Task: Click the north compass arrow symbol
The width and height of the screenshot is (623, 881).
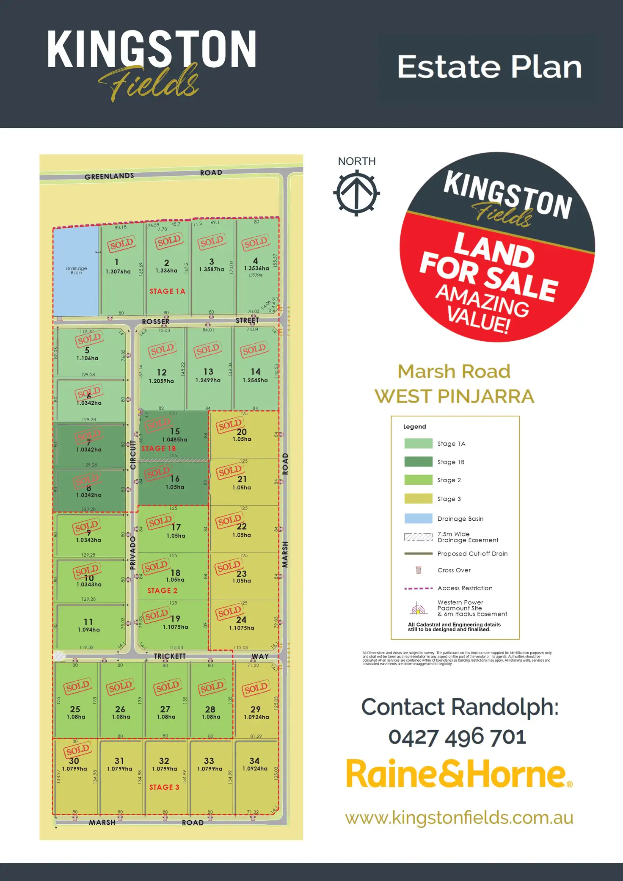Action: (356, 193)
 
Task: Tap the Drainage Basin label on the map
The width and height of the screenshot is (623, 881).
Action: (76, 270)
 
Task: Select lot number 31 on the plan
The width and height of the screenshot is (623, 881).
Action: (119, 761)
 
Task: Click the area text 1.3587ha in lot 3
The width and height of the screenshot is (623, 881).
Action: (212, 269)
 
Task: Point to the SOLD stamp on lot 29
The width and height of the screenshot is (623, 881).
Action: (256, 689)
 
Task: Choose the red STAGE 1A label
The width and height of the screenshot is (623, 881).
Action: (167, 291)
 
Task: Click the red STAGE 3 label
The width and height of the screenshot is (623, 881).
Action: (164, 787)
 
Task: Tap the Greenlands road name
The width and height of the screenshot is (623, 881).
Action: (109, 176)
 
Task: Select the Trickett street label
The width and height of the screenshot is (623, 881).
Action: (170, 656)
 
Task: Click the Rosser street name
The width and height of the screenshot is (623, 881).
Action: (156, 322)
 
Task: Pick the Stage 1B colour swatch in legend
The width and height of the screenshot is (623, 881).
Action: (418, 461)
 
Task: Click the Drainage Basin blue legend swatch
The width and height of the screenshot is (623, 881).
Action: (418, 518)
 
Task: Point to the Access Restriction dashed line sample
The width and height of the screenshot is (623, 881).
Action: (418, 588)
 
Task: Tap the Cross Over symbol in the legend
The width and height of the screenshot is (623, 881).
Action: (419, 570)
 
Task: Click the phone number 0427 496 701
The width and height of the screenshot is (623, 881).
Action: (457, 737)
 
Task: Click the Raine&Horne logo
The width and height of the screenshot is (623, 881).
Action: (459, 773)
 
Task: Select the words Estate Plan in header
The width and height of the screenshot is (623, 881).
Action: (490, 67)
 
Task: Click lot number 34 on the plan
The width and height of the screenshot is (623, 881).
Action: (254, 761)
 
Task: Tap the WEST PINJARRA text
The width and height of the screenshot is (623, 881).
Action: (454, 397)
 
